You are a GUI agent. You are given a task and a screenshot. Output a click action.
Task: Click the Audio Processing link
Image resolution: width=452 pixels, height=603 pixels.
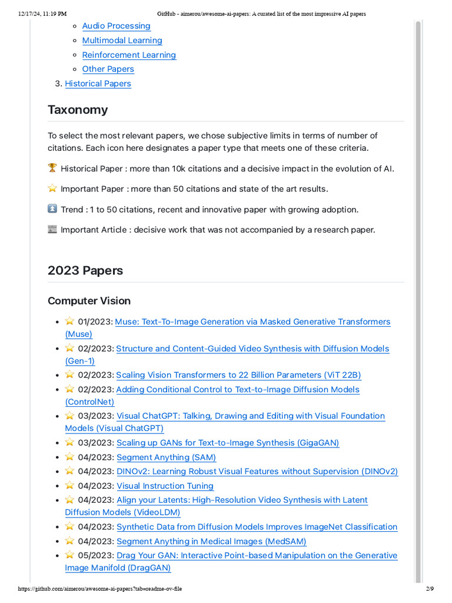(116, 26)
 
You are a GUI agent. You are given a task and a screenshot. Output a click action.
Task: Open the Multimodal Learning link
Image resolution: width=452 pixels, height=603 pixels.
(122, 41)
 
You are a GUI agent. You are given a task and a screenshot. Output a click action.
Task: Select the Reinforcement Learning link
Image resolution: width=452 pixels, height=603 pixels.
(129, 55)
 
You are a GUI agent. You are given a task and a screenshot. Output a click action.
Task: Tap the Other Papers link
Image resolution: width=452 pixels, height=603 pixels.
(108, 69)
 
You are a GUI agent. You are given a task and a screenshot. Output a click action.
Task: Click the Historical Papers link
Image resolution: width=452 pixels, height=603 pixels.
(98, 84)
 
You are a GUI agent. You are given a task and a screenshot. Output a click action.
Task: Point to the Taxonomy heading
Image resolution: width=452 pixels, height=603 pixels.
(78, 110)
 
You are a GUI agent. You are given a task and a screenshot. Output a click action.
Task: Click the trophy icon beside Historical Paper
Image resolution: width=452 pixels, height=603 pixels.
(52, 168)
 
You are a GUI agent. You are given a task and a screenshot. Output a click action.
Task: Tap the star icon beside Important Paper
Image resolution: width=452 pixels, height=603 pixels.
(52, 189)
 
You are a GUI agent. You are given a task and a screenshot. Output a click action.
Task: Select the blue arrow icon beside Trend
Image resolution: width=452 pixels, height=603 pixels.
(52, 209)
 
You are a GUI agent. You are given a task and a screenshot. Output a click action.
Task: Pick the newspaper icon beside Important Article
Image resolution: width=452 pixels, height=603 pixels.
(52, 230)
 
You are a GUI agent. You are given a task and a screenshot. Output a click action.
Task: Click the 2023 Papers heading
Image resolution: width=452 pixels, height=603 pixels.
(85, 271)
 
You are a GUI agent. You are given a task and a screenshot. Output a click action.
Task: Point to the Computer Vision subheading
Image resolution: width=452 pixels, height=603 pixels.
(89, 301)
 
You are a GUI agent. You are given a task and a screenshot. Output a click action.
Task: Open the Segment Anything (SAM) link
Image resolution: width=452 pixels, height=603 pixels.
(166, 458)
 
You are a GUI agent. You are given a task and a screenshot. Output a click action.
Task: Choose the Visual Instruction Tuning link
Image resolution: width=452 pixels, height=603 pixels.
(165, 486)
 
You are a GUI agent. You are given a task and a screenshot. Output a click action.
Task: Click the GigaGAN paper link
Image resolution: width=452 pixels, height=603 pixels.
(228, 443)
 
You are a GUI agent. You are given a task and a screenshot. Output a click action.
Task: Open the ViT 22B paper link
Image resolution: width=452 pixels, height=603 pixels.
(238, 375)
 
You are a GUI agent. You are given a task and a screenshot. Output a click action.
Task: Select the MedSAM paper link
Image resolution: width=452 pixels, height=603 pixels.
(211, 541)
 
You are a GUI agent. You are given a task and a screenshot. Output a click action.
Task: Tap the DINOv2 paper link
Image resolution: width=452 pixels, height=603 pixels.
(257, 472)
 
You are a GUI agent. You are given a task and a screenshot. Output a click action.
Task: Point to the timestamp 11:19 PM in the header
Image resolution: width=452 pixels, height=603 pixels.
(54, 14)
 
